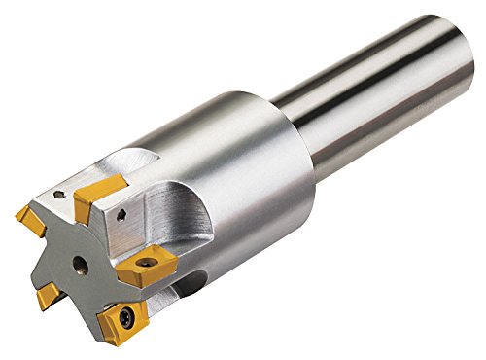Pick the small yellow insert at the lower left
pyautogui.click(x=49, y=296)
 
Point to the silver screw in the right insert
pyautogui.click(x=145, y=263)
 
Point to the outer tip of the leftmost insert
pyautogui.click(x=17, y=213)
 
